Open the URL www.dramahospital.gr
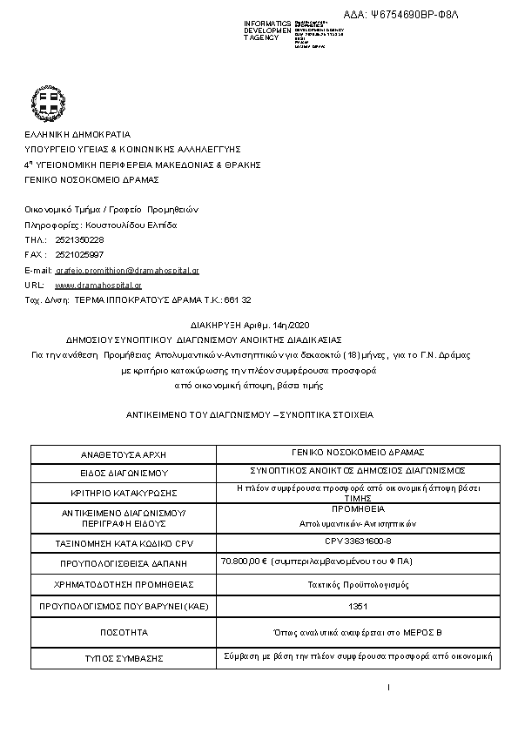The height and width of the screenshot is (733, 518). click(98, 285)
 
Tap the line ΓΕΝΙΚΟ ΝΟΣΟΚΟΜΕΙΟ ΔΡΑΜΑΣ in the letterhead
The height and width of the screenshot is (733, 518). click(91, 179)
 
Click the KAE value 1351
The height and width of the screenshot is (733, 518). click(356, 606)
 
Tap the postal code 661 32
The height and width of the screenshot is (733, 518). click(238, 299)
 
